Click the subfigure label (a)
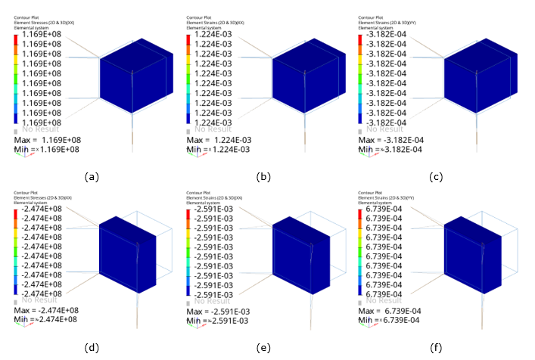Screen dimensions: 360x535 point(92,177)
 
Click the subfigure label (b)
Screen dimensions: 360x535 point(264,177)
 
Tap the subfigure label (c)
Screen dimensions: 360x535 point(436,177)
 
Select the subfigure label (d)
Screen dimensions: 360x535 point(92,348)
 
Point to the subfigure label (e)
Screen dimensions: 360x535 point(264,348)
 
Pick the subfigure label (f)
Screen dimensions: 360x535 point(436,348)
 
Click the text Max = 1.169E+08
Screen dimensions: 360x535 point(45,140)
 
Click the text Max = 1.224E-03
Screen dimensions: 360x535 point(218,140)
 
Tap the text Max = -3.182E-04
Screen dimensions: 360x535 point(391,140)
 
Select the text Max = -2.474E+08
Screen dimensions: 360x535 point(47,311)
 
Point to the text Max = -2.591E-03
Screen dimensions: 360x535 point(219,311)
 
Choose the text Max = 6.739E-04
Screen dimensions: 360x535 point(390,311)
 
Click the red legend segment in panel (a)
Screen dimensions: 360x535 point(17,39)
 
